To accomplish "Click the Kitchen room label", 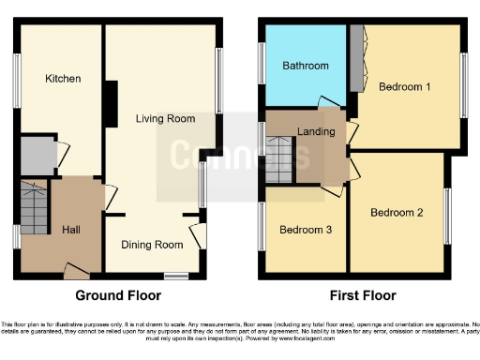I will (x=63, y=79).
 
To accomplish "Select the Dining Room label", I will (x=151, y=246).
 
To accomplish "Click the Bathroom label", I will (x=306, y=66).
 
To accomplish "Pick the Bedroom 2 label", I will (x=397, y=213).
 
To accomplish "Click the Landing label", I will (x=316, y=131).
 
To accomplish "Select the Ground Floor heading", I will (x=118, y=295).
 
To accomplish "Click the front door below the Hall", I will (x=77, y=272).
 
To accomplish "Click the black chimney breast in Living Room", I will (x=111, y=103).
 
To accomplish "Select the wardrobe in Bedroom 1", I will (x=357, y=58).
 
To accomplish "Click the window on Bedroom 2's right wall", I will (x=446, y=215).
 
